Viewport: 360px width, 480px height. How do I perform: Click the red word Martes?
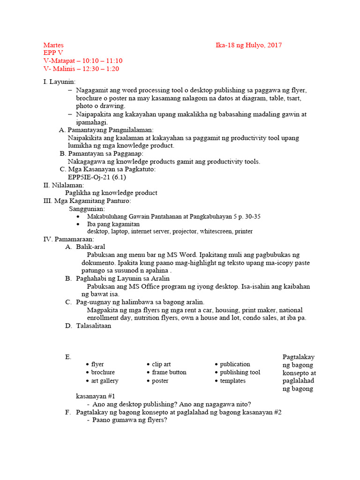[53, 45]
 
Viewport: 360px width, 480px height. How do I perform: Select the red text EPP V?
[53, 53]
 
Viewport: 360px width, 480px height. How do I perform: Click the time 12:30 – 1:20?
[101, 69]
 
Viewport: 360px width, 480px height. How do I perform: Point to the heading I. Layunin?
[59, 82]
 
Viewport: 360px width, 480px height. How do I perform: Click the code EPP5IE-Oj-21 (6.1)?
[97, 177]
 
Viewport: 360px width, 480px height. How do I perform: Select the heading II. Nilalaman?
[64, 185]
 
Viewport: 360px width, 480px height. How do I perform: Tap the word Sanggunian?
[87, 209]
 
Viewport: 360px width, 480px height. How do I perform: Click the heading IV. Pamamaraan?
[69, 239]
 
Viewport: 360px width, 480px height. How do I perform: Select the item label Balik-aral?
[91, 247]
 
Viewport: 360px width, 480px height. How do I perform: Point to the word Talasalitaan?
[94, 326]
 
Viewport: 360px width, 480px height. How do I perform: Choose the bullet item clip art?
[161, 364]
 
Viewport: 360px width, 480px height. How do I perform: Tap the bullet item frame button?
[169, 372]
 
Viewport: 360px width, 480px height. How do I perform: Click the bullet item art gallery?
[105, 381]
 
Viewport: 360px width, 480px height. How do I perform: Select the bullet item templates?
[233, 381]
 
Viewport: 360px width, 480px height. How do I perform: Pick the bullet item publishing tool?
[240, 372]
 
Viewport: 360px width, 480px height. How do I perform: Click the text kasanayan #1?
[92, 396]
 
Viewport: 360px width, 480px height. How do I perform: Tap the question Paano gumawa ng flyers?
[130, 420]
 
